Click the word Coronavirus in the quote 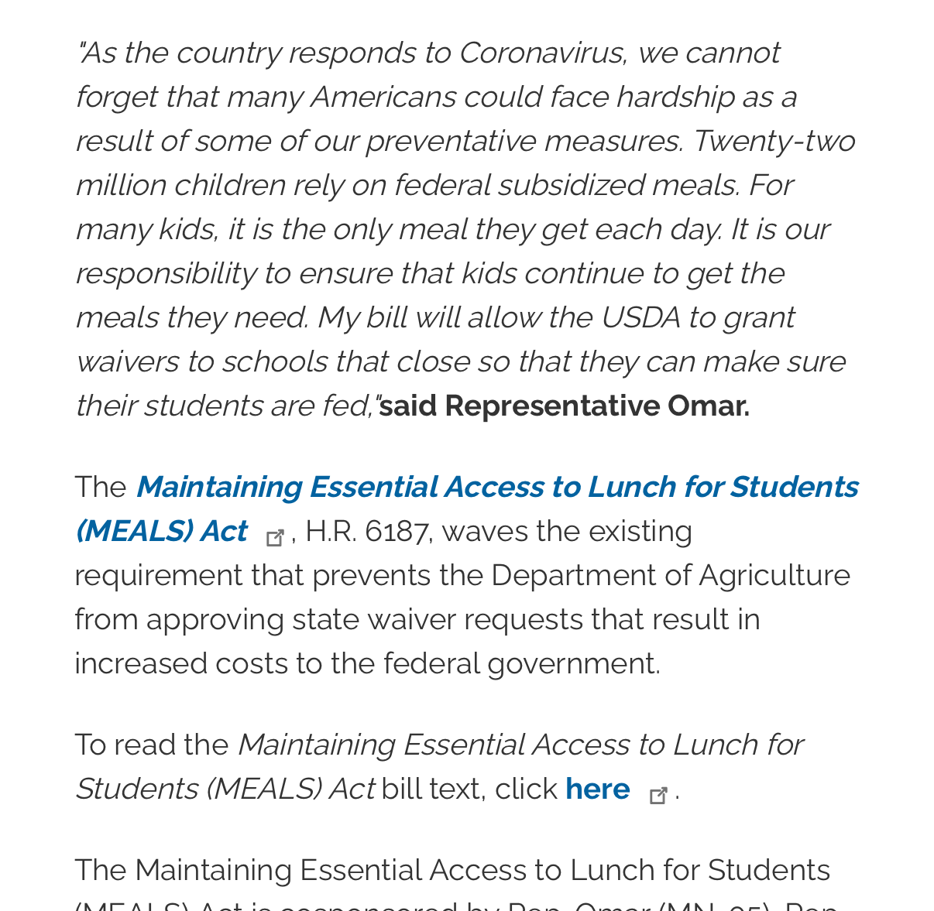(x=542, y=53)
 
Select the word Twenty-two (x=774, y=142)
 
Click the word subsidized (x=570, y=186)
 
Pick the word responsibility (x=165, y=274)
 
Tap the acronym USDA (x=640, y=318)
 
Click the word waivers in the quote (x=127, y=362)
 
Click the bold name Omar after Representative (x=708, y=406)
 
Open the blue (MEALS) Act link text (x=161, y=532)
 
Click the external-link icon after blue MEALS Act (x=275, y=537)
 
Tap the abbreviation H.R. (x=331, y=532)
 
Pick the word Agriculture (x=774, y=576)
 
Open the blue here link (x=597, y=789)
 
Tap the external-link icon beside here (x=658, y=795)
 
